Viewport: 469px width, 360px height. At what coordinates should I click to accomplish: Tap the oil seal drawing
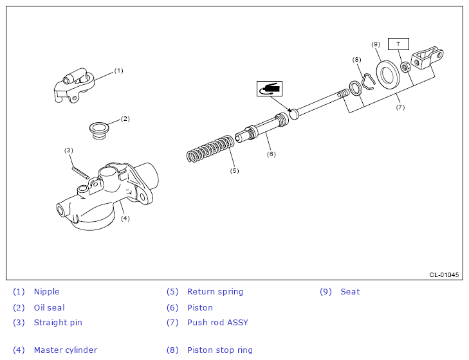point(98,128)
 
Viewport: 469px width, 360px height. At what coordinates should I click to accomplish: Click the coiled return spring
point(210,149)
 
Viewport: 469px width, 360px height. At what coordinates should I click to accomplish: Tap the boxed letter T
point(398,44)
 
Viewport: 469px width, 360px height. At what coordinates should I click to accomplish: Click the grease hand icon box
point(269,89)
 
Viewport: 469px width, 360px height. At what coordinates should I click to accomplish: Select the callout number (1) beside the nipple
point(118,71)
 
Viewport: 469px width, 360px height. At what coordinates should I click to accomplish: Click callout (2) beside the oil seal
point(125,118)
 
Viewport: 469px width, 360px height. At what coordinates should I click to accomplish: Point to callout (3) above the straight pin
point(69,150)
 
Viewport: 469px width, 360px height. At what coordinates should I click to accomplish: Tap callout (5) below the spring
point(234,170)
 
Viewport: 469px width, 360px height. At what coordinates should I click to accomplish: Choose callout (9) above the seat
point(376,44)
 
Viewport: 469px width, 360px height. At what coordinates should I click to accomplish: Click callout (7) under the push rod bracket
point(400,107)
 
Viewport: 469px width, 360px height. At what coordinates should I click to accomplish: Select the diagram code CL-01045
point(444,274)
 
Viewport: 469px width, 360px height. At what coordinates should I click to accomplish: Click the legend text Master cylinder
point(66,350)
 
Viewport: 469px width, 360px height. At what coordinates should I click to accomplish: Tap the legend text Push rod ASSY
point(217,323)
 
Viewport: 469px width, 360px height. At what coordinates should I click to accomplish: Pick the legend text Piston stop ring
point(220,350)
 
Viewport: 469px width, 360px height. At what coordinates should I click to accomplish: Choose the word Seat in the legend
point(350,292)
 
